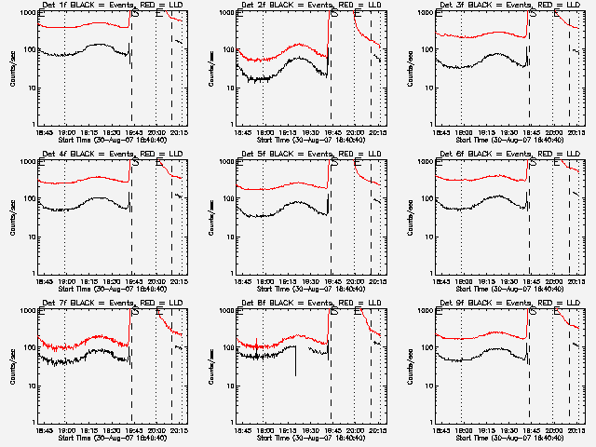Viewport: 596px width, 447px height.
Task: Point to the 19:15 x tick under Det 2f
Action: (x=287, y=132)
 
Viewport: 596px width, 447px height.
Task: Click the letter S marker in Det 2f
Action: (x=335, y=15)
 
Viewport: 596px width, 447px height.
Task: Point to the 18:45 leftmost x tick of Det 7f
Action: (x=43, y=430)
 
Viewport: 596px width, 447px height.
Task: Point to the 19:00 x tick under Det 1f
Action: (x=65, y=132)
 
